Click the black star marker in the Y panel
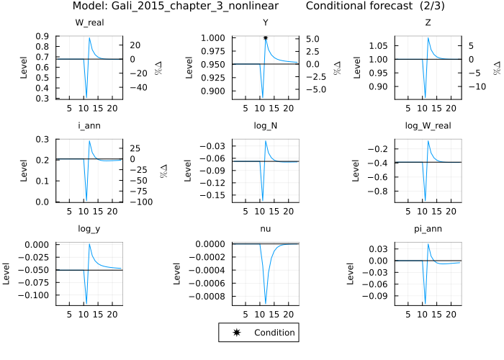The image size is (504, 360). (266, 37)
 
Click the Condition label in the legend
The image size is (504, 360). (274, 333)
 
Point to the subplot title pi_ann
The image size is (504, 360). (435, 229)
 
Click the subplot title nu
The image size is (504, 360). (266, 229)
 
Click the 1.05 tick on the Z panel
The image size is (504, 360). (383, 45)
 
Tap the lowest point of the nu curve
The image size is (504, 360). (266, 305)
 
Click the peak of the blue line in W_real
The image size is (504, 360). (89, 38)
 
